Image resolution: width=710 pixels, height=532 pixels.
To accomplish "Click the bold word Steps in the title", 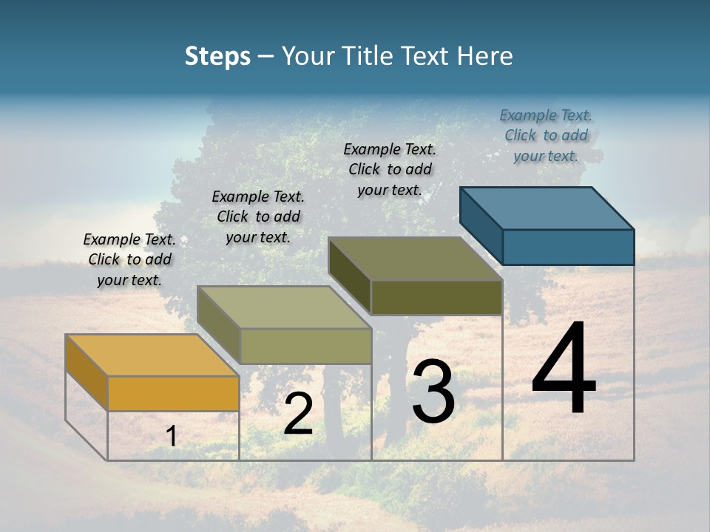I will [x=217, y=56].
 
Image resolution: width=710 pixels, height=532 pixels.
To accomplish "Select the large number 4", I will [x=564, y=369].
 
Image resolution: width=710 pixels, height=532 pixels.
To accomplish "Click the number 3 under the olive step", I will [x=433, y=392].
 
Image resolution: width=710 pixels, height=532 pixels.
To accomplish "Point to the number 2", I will [x=298, y=414].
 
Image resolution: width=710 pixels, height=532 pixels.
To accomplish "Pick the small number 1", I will [x=171, y=436].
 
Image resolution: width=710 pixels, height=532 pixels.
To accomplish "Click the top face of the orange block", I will [x=152, y=355].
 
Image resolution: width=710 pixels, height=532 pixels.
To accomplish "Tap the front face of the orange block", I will [x=173, y=393].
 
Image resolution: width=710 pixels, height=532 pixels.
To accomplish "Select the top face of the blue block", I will [x=547, y=208].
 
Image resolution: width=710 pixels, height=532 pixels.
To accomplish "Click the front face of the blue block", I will [x=568, y=247].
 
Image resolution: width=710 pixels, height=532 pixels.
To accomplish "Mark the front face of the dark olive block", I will [x=436, y=297].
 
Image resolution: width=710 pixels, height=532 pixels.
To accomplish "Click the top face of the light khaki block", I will [x=284, y=307].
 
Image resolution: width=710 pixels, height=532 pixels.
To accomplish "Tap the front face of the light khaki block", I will [x=305, y=346].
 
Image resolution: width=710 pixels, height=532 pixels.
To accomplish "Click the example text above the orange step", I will [x=129, y=259].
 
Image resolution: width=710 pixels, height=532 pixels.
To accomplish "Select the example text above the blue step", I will [x=546, y=135].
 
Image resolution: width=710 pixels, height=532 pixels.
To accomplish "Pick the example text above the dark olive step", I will [x=390, y=169].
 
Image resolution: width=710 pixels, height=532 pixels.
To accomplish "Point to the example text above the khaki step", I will [x=258, y=216].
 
